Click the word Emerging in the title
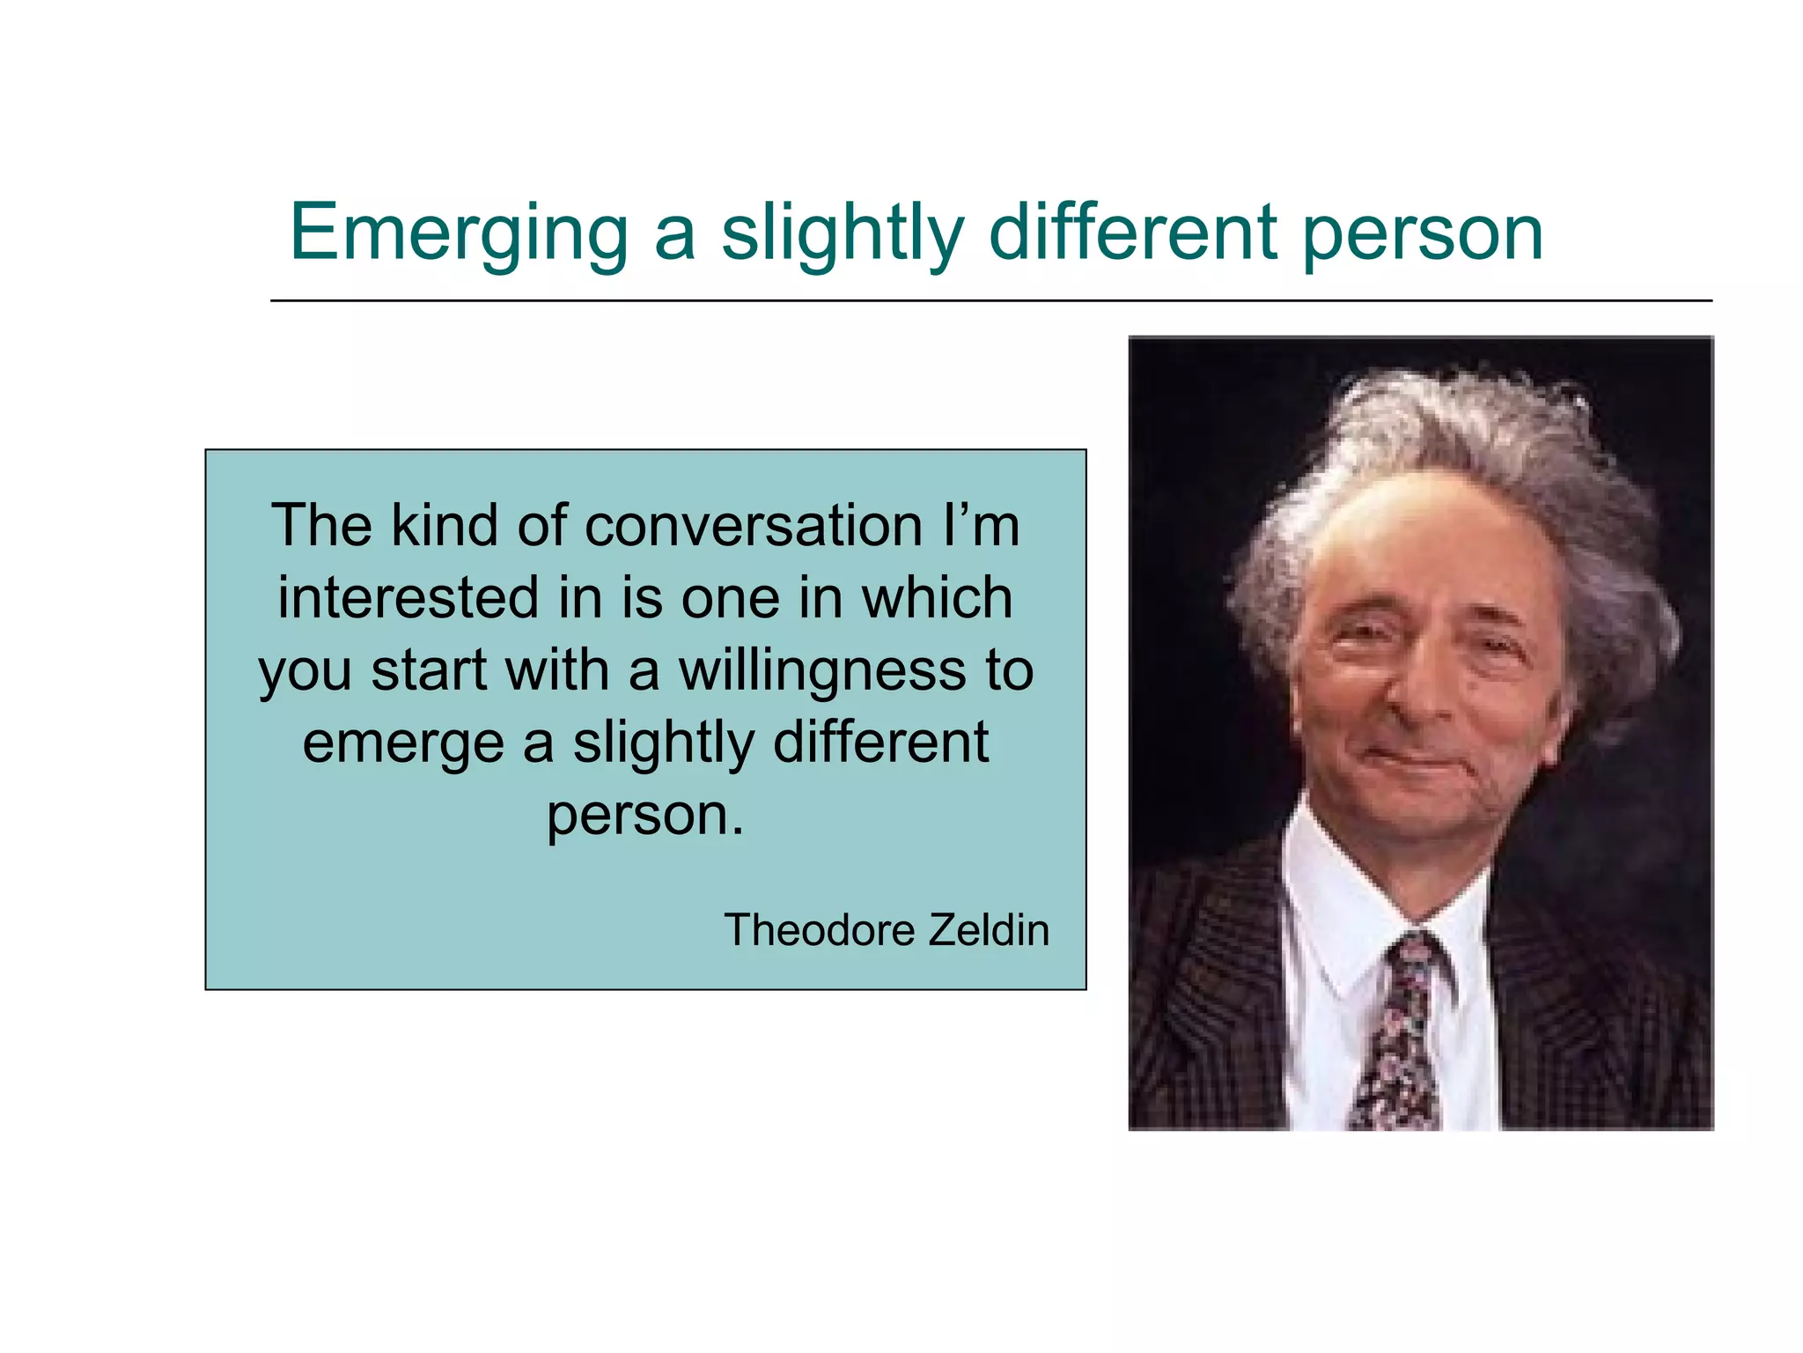point(459,233)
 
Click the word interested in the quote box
point(408,597)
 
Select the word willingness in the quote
point(821,671)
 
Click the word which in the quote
point(937,597)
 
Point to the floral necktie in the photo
point(1400,1031)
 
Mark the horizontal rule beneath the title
point(990,300)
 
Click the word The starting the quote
point(321,526)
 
